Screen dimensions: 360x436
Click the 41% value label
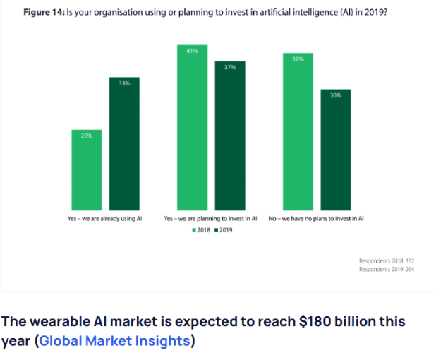193,52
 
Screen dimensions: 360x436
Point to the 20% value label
87,136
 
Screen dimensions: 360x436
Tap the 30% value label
335,95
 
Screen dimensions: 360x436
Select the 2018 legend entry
201,230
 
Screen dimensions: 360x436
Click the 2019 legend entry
224,230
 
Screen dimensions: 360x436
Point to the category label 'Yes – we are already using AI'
99,219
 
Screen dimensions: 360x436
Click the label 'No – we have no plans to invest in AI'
316,219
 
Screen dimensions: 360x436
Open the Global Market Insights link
114,341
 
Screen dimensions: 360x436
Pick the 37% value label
230,67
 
